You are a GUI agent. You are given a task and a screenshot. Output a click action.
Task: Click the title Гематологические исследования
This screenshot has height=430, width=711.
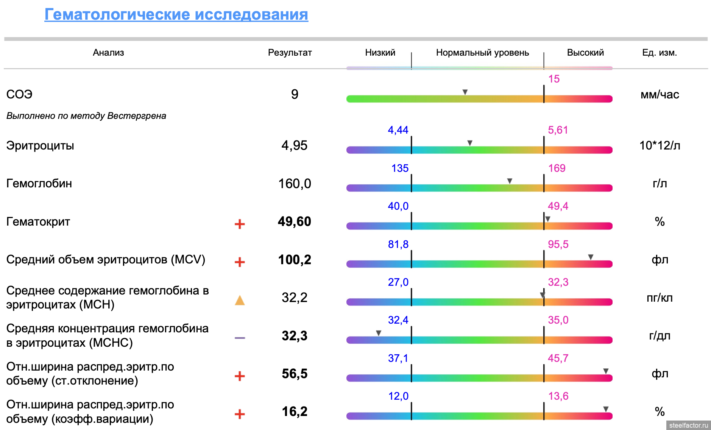(x=176, y=14)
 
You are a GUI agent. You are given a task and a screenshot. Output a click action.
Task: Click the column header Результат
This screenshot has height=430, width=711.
(x=290, y=53)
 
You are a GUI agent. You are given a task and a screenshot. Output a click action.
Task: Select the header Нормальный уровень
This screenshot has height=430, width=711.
(x=482, y=53)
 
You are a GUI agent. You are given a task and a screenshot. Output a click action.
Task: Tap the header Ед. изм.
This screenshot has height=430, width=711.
(x=659, y=53)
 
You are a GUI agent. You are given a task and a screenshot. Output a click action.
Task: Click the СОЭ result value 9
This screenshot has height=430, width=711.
(x=295, y=94)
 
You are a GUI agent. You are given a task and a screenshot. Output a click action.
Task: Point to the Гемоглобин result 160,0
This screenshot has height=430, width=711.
(x=295, y=184)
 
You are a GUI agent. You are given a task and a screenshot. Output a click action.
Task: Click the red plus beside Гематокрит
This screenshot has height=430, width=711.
(x=240, y=224)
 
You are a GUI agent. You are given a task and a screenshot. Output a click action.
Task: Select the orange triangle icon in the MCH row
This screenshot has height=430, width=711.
(x=240, y=301)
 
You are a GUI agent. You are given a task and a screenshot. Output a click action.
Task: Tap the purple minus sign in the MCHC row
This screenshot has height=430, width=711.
(x=240, y=338)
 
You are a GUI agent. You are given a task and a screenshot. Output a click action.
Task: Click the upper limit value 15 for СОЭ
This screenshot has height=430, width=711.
(x=554, y=79)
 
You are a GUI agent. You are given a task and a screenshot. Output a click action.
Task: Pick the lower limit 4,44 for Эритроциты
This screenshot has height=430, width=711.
(x=398, y=130)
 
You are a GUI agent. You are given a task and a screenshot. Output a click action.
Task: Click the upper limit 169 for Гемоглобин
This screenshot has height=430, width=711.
(x=557, y=168)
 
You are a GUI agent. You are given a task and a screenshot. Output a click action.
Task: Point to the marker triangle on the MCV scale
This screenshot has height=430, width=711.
(x=591, y=257)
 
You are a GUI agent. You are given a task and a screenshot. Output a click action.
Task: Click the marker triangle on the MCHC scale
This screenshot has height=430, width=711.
(x=379, y=333)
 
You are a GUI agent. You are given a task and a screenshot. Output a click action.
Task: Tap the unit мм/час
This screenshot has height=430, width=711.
(x=660, y=95)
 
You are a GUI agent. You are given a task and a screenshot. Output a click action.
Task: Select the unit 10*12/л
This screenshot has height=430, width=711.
(x=660, y=145)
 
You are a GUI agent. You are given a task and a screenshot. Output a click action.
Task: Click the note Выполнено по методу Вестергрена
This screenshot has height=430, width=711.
(x=86, y=116)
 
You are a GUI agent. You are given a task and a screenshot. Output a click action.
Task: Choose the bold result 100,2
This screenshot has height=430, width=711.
(x=295, y=260)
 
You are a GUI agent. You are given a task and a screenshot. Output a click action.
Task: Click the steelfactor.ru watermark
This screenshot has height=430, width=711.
(x=688, y=425)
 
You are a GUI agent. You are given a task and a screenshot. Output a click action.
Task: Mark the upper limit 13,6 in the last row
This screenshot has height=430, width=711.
(x=558, y=396)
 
